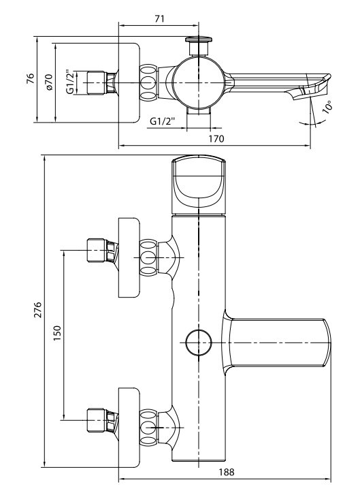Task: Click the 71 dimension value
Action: [x=159, y=19]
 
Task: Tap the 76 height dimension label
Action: [x=30, y=78]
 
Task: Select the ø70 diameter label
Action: [x=49, y=82]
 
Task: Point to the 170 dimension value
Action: [x=216, y=138]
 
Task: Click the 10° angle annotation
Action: [x=327, y=106]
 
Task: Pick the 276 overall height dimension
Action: [x=37, y=310]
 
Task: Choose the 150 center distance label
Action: [x=57, y=333]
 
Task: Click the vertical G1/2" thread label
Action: [x=71, y=82]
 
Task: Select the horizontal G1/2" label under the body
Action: [x=163, y=121]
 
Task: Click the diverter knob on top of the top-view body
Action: [x=199, y=46]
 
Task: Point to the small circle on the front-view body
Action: [x=199, y=343]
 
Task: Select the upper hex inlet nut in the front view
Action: [x=96, y=250]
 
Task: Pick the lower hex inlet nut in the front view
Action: [x=96, y=420]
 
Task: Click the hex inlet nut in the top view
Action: [x=96, y=82]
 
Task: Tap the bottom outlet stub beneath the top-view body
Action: [x=199, y=111]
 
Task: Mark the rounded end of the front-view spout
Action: [x=327, y=343]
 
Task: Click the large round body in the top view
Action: [x=199, y=82]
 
